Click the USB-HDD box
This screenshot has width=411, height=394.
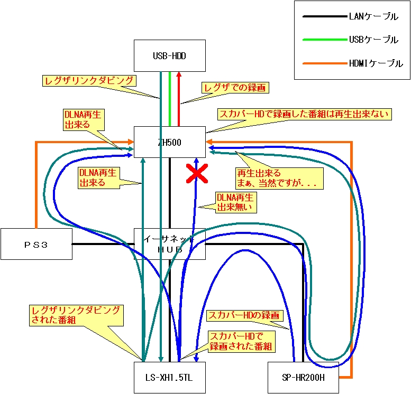[x=169, y=55]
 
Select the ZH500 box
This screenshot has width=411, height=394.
[x=169, y=142]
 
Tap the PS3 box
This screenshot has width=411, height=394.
[x=36, y=243]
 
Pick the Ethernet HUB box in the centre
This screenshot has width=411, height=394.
[x=169, y=243]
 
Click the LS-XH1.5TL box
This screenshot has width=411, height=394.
[x=169, y=377]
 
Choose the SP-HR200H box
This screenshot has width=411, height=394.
[x=303, y=377]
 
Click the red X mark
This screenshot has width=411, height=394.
[x=196, y=173]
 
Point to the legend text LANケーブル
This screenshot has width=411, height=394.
[x=373, y=17]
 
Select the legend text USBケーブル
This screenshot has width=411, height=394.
[x=373, y=40]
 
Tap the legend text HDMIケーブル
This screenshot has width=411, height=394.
[x=376, y=63]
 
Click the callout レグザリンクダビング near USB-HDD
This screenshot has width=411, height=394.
[x=89, y=80]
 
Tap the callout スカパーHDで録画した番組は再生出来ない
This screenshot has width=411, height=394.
[x=304, y=114]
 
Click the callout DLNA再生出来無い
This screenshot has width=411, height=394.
[x=236, y=202]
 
